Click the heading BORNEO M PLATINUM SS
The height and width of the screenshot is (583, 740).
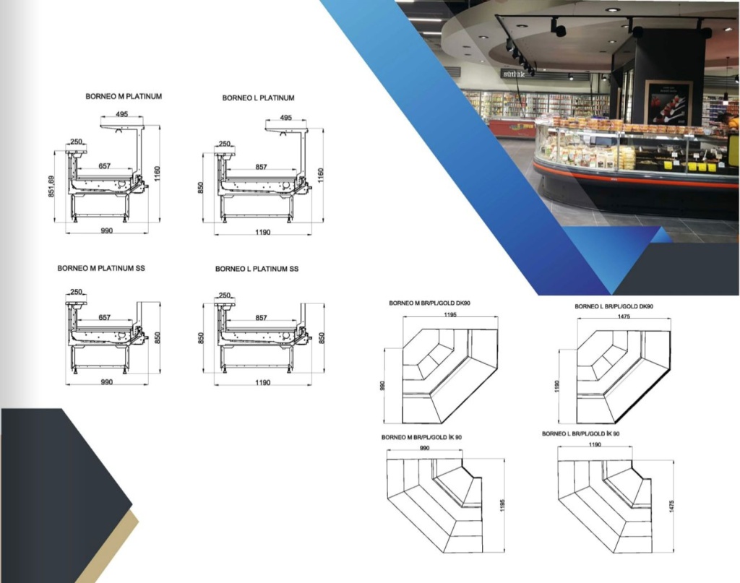click(x=101, y=268)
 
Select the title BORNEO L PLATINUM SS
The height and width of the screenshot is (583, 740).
click(x=257, y=269)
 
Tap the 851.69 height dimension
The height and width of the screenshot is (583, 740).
click(x=51, y=186)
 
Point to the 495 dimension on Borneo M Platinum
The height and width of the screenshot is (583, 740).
click(x=121, y=114)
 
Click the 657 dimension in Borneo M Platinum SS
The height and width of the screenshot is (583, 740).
click(x=105, y=317)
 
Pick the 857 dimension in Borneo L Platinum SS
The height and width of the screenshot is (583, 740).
click(x=262, y=318)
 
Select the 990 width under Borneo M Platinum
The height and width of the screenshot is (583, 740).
click(x=107, y=230)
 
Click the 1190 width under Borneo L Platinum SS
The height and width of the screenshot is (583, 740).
click(x=263, y=383)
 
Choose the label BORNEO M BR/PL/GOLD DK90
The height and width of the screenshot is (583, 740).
click(x=429, y=303)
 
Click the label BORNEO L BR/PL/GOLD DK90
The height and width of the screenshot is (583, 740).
click(x=614, y=306)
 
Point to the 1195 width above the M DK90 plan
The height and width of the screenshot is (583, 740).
click(x=450, y=314)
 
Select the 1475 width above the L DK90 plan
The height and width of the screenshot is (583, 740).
click(x=624, y=316)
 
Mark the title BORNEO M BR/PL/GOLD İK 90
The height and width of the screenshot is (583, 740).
click(x=421, y=437)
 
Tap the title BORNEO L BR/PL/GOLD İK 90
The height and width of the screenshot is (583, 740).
click(x=580, y=433)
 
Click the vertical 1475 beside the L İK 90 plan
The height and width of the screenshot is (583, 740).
click(x=671, y=506)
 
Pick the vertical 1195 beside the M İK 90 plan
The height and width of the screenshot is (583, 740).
click(x=503, y=505)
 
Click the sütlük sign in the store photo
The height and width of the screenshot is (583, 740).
click(x=514, y=74)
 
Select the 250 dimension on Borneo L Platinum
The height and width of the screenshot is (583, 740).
click(x=225, y=144)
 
